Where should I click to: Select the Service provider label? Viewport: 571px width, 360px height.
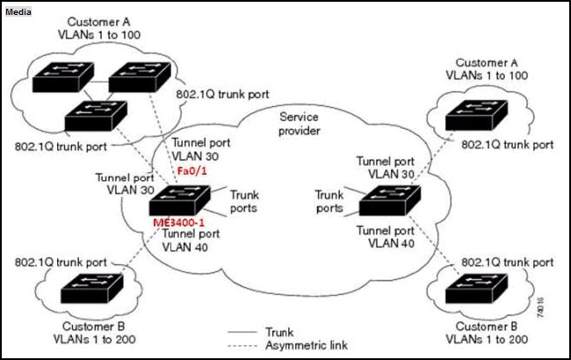[x=299, y=124]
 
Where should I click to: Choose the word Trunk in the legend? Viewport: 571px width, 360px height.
[x=278, y=332]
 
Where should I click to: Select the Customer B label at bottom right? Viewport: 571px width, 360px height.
[x=482, y=326]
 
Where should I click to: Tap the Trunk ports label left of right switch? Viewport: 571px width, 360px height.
[x=330, y=200]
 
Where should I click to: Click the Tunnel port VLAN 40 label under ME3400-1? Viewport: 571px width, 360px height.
[x=191, y=240]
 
